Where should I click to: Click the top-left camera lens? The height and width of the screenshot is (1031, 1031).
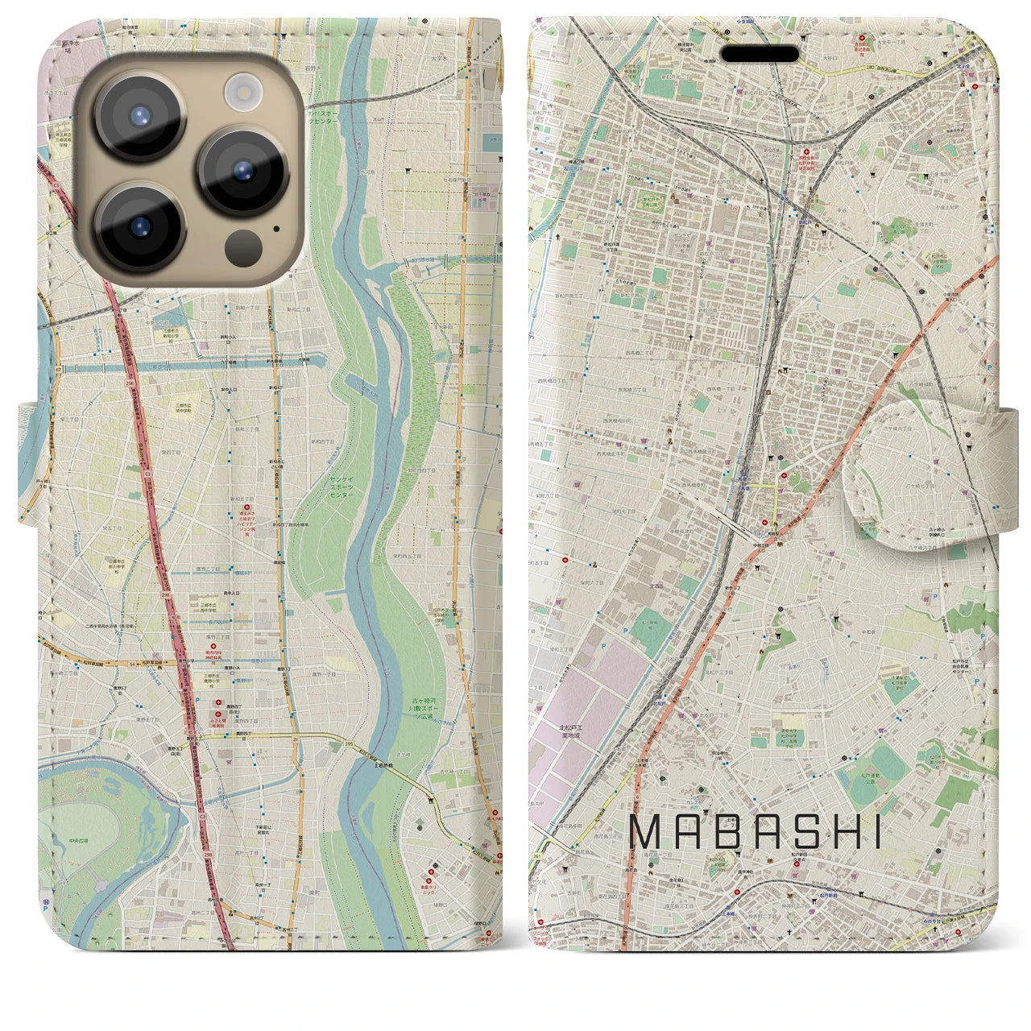(139, 116)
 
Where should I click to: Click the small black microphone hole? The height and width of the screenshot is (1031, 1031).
(276, 228)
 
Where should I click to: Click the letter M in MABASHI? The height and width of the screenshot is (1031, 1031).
(648, 833)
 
